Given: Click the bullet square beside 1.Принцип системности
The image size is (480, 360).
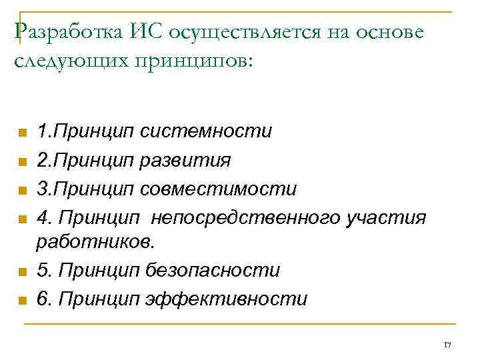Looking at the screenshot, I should pyautogui.click(x=22, y=133).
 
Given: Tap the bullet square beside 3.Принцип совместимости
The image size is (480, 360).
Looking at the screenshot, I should pyautogui.click(x=22, y=191).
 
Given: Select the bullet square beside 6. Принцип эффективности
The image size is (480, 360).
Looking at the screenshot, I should pyautogui.click(x=22, y=301).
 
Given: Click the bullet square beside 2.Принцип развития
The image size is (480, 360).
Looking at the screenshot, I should pyautogui.click(x=22, y=162).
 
